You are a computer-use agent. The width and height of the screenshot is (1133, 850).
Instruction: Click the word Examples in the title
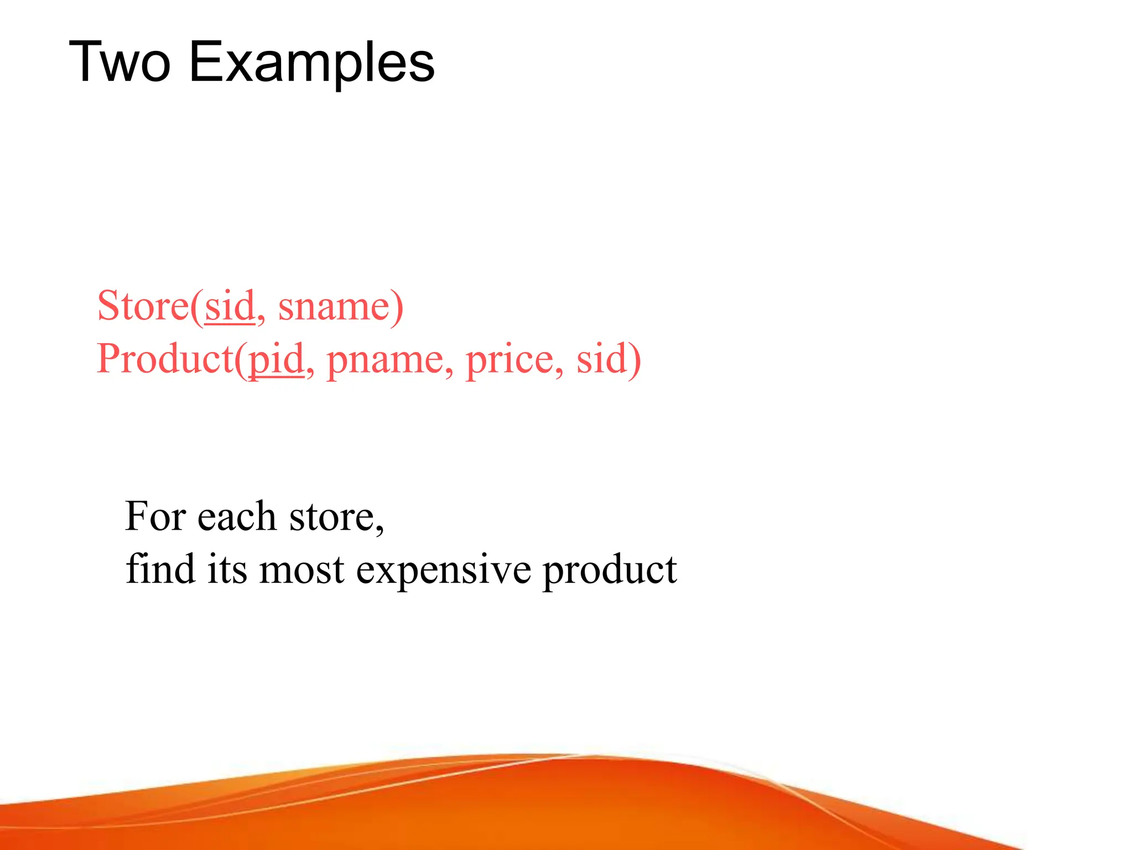click(312, 64)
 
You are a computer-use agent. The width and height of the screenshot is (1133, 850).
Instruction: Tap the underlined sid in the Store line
click(230, 305)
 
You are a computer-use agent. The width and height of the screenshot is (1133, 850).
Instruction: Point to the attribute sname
click(334, 307)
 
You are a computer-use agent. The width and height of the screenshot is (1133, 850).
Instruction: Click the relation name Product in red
click(165, 359)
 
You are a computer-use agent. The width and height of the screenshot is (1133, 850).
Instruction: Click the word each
click(236, 516)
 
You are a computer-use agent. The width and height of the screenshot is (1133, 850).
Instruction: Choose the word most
click(302, 570)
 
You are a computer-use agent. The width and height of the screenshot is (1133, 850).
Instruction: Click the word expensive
click(443, 570)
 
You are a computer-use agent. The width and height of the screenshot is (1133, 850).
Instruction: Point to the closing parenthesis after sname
click(397, 307)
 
